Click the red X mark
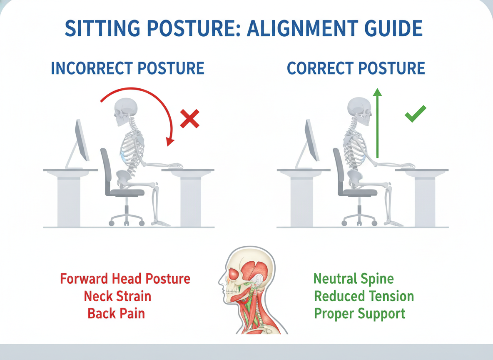189,119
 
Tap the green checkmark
415,114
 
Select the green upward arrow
377,123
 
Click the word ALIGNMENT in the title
302,28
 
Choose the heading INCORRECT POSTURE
128,68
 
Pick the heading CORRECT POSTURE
356,68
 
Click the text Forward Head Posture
125,279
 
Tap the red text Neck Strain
117,296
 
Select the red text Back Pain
116,314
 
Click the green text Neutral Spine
354,279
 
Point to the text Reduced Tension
364,296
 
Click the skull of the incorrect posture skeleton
125,111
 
